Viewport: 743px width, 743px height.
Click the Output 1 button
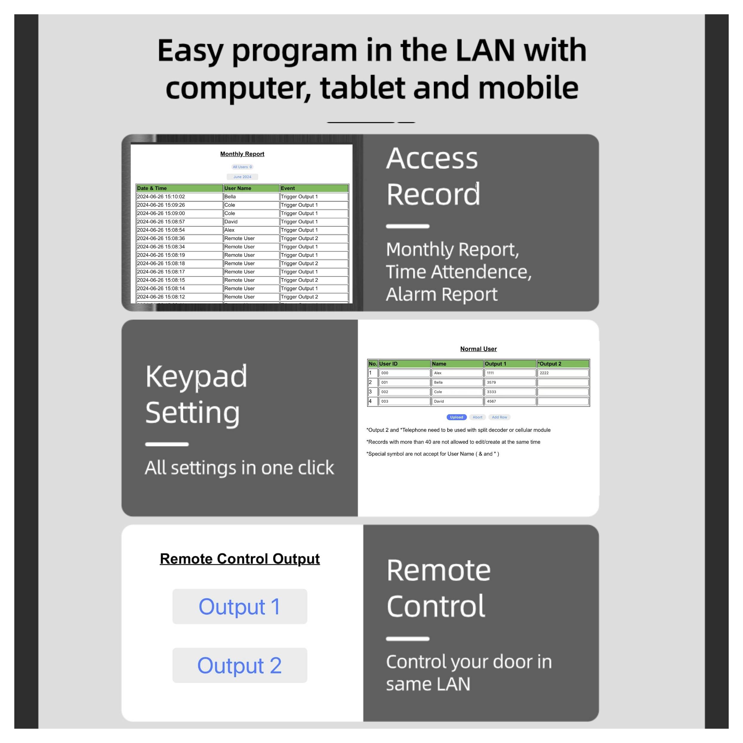click(239, 607)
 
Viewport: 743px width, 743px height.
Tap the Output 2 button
click(239, 665)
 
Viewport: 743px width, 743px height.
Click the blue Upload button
click(456, 417)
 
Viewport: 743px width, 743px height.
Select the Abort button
click(477, 417)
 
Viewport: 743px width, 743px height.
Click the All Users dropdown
click(242, 167)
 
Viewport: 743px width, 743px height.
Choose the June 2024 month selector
click(242, 177)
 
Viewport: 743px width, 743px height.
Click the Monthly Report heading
click(242, 154)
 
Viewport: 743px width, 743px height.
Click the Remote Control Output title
click(239, 559)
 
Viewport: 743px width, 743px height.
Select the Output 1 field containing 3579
click(510, 383)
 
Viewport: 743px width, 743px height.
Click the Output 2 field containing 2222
click(562, 373)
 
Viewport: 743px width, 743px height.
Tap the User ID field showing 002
click(404, 392)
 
